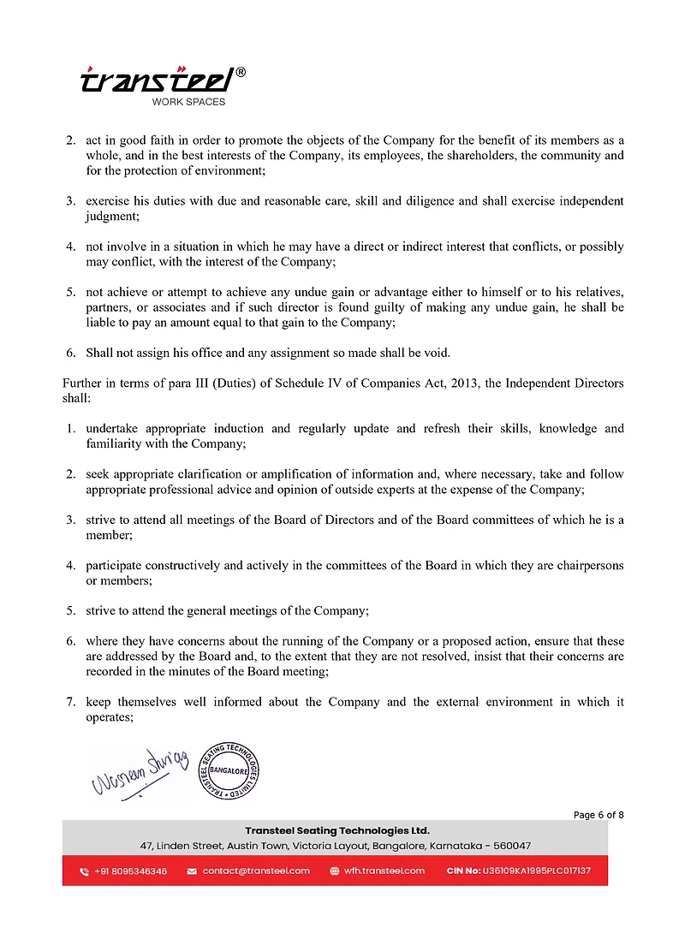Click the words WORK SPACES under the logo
pos(188,102)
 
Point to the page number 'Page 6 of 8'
pos(598,815)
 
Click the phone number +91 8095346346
pos(130,871)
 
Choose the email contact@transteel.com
pos(256,871)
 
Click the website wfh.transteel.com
pos(384,871)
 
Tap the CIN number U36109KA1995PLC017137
pos(536,871)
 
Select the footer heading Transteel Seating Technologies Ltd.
pos(336,830)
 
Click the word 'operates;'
pos(109,717)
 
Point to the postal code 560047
pos(511,845)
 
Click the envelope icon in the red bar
pos(191,871)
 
